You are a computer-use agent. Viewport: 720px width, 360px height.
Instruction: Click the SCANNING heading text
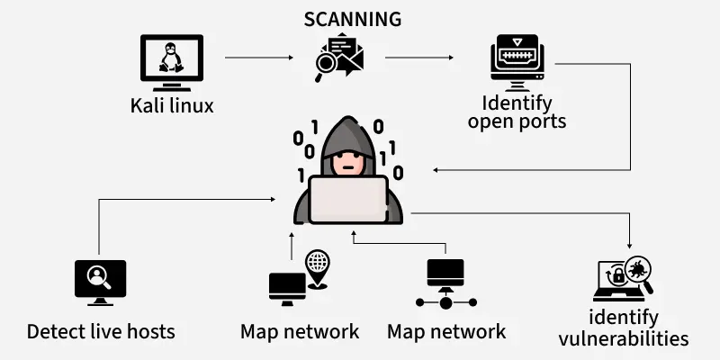pyautogui.click(x=352, y=19)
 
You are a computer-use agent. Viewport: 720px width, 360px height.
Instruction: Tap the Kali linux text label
pyautogui.click(x=172, y=106)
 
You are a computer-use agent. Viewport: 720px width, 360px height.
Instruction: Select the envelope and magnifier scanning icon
pyautogui.click(x=338, y=57)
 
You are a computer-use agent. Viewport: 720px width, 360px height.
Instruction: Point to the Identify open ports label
pyautogui.click(x=517, y=112)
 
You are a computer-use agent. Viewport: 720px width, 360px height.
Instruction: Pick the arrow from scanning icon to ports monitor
pyautogui.click(x=418, y=58)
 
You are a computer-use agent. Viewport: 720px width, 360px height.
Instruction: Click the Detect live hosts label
pyautogui.click(x=101, y=331)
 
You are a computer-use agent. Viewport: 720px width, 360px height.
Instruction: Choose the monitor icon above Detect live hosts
pyautogui.click(x=100, y=281)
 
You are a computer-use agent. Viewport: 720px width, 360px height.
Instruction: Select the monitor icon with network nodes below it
pyautogui.click(x=445, y=283)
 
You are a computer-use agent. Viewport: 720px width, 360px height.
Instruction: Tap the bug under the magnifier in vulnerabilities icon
pyautogui.click(x=636, y=269)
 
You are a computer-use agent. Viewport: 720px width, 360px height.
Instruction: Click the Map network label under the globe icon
pyautogui.click(x=300, y=331)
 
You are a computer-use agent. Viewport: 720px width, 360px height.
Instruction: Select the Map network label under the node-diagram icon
pyautogui.click(x=446, y=331)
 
